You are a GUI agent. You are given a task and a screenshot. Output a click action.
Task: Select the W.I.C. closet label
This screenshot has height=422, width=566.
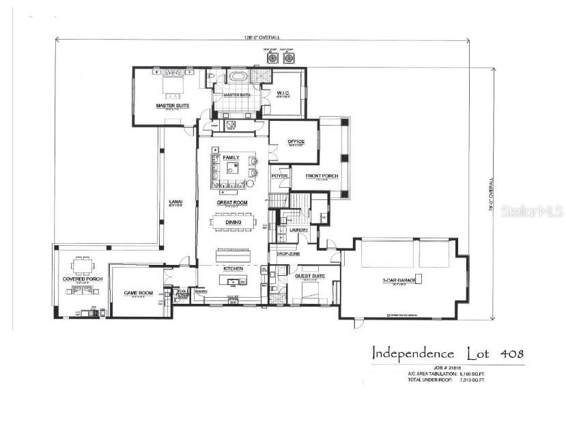(x=283, y=93)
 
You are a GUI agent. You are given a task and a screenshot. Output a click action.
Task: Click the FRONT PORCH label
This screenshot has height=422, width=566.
(x=322, y=175)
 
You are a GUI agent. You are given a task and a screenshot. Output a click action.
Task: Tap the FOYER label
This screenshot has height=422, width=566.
(x=280, y=176)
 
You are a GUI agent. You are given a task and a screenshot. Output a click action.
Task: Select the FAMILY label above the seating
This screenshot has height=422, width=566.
(x=231, y=158)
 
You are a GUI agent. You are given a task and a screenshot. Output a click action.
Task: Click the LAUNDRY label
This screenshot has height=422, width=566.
(x=298, y=230)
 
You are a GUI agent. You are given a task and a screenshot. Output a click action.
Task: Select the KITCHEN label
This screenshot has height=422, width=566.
(x=234, y=268)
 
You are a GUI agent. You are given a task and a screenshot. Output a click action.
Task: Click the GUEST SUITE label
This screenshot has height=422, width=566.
(x=310, y=276)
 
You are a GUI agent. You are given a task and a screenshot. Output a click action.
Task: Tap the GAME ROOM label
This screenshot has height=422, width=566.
(x=136, y=293)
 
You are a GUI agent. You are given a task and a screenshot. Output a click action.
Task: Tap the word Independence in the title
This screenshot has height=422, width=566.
(x=412, y=354)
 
